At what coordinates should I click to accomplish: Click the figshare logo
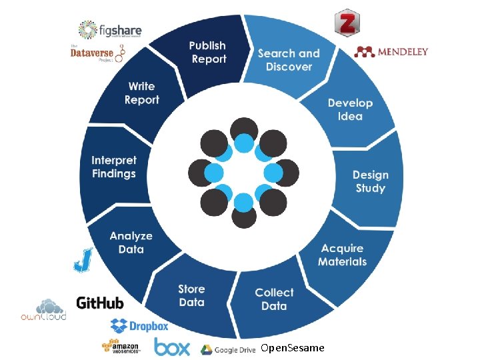coord(110,30)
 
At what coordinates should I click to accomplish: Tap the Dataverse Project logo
coord(98,53)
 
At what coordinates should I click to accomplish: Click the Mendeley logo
coord(391,51)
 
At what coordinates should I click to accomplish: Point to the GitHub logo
coord(100,303)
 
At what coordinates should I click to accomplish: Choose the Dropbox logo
coord(139,326)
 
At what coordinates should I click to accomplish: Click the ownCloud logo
coord(43,309)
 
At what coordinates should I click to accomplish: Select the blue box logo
coord(171,347)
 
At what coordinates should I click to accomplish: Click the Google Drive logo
coord(228,349)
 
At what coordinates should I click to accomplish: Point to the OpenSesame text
coord(293,348)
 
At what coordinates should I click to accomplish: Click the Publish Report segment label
coord(208,52)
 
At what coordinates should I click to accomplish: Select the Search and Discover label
coord(289,60)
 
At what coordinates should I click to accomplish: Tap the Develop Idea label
coord(350,109)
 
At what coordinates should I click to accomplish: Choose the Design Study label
coord(370,181)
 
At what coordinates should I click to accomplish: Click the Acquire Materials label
coord(342,255)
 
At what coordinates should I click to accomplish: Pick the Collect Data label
coord(274,299)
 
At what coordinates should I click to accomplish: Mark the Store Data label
coord(191,295)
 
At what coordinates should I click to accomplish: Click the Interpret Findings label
coord(114,167)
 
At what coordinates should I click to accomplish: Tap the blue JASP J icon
coord(83,260)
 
